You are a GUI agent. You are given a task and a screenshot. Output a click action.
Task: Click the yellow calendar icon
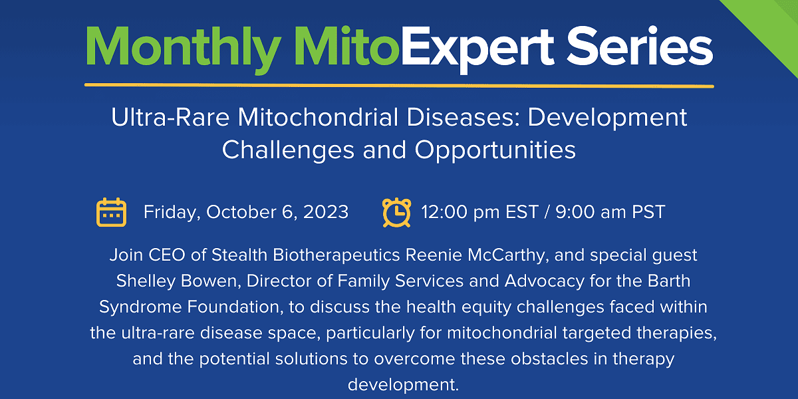[x=111, y=212]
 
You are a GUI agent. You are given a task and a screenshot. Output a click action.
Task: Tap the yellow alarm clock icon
[x=396, y=212]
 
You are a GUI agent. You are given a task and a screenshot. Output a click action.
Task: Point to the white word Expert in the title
[x=478, y=49]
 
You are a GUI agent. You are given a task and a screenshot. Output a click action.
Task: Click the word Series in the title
[x=640, y=47]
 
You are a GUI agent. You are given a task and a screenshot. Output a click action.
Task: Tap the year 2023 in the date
[x=326, y=212]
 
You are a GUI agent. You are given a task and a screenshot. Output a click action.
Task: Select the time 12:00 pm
[x=461, y=212]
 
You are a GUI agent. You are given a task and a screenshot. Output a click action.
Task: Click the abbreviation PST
[x=648, y=212]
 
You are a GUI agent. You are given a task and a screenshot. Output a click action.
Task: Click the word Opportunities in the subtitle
[x=495, y=150]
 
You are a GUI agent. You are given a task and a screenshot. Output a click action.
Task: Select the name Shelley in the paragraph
[x=146, y=281]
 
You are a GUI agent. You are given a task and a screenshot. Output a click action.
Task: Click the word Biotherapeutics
[x=336, y=255]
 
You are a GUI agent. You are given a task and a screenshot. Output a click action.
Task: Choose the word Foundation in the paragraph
[x=235, y=307]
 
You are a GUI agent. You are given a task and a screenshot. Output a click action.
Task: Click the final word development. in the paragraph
[x=403, y=385]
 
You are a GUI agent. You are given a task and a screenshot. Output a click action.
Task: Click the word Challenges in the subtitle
[x=288, y=150]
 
